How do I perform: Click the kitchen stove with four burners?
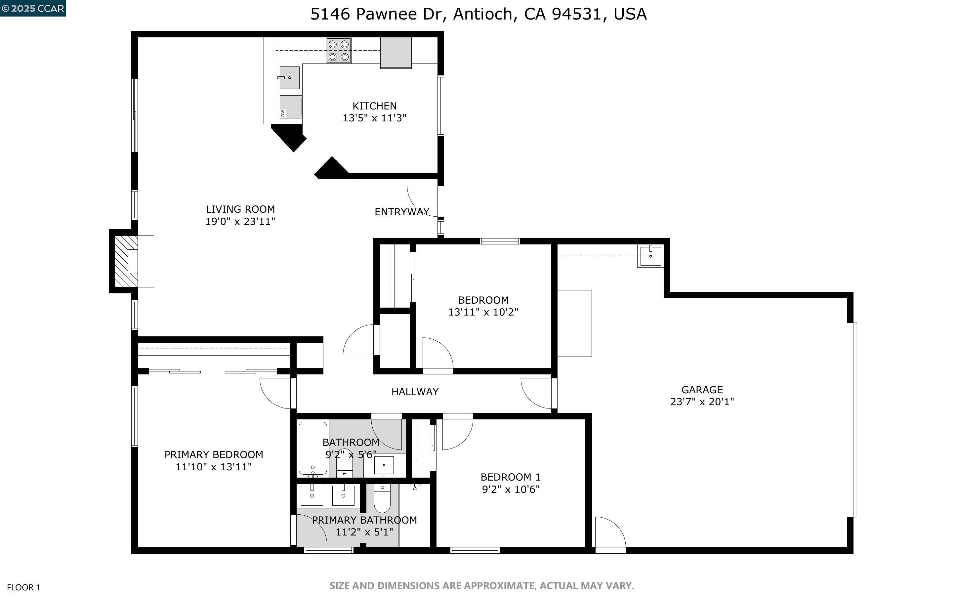click(338, 51)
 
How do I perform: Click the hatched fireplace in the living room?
click(126, 261)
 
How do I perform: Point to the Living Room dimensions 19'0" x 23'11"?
click(240, 222)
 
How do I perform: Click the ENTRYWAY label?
click(401, 212)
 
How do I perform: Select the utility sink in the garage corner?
click(650, 256)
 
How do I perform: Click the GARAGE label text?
click(702, 390)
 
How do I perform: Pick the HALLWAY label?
click(415, 392)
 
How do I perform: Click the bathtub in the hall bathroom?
click(313, 448)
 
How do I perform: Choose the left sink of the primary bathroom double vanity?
click(312, 495)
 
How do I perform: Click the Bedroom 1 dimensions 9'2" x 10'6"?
click(510, 489)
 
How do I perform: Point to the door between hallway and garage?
click(537, 393)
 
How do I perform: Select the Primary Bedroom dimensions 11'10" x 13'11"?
click(214, 467)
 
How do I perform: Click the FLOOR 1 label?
click(24, 587)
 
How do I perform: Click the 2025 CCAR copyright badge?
click(33, 8)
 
